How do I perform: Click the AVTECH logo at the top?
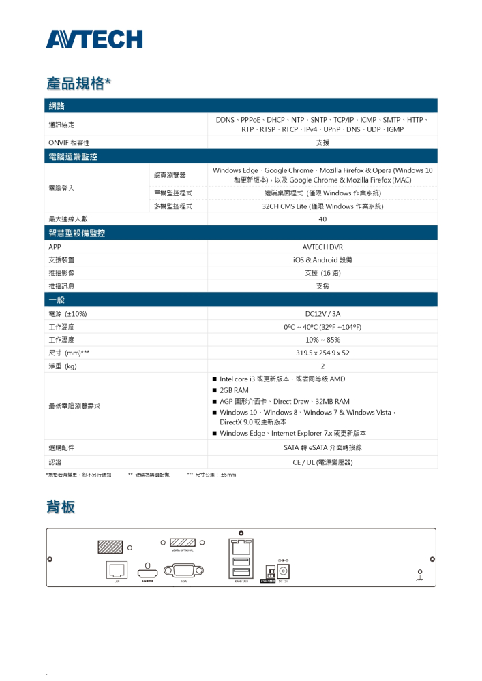pyautogui.click(x=94, y=39)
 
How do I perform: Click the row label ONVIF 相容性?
pyautogui.click(x=69, y=142)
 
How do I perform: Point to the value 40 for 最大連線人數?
pyautogui.click(x=322, y=219)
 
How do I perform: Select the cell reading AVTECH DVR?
pyautogui.click(x=322, y=247)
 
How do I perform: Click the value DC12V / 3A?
pyautogui.click(x=322, y=314)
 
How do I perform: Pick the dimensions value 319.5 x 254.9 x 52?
pyautogui.click(x=322, y=353)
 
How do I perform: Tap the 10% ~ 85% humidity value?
pyautogui.click(x=322, y=340)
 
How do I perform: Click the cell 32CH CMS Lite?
pyautogui.click(x=322, y=206)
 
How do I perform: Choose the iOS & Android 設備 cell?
pyautogui.click(x=322, y=260)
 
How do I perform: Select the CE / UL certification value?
pyautogui.click(x=322, y=462)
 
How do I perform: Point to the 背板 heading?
pyautogui.click(x=61, y=507)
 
